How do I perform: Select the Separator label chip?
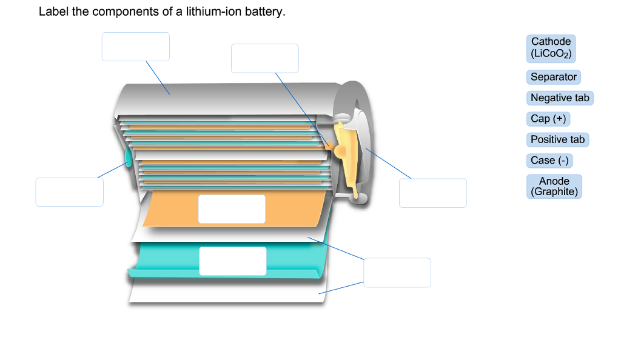[x=553, y=77]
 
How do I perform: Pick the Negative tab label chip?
[x=560, y=98]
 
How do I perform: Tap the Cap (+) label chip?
[x=548, y=119]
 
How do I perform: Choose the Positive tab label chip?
[x=557, y=139]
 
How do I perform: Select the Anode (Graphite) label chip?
[x=554, y=186]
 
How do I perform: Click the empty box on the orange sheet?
[x=232, y=209]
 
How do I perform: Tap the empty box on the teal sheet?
[x=232, y=261]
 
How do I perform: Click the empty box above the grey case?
[x=135, y=47]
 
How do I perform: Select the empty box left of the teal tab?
[x=69, y=192]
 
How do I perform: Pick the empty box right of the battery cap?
[x=432, y=193]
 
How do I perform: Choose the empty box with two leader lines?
[x=397, y=272]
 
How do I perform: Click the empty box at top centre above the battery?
[x=264, y=58]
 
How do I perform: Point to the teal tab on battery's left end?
[x=128, y=157]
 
